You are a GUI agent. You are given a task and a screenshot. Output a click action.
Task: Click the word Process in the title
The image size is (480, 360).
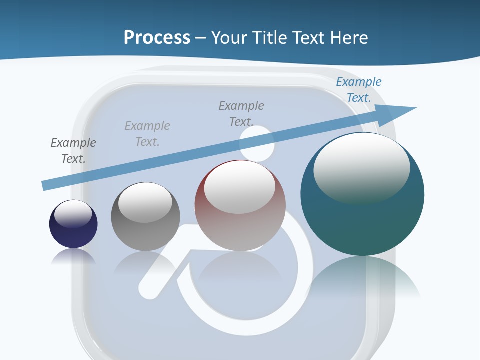(157, 37)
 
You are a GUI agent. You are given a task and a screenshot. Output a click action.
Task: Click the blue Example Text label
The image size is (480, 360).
(359, 90)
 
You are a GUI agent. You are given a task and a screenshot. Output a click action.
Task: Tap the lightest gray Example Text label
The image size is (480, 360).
(147, 134)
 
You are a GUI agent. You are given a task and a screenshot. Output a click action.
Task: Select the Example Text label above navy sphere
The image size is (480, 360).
(73, 151)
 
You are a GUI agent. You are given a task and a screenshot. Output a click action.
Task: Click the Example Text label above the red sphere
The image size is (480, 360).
(241, 113)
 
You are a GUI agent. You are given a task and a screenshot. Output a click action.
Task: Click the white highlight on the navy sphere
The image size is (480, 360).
(73, 214)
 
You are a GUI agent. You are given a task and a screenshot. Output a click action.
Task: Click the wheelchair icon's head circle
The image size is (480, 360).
(257, 143)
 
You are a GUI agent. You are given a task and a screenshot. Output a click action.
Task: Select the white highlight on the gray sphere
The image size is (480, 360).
(145, 202)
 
